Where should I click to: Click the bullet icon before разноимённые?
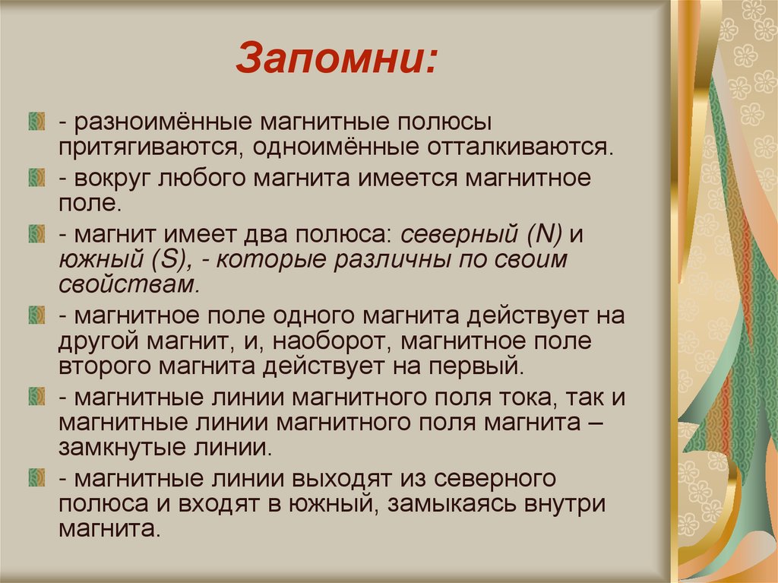[x=36, y=120]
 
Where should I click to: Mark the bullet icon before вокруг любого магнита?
[x=36, y=179]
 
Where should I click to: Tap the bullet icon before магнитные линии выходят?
[x=36, y=479]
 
